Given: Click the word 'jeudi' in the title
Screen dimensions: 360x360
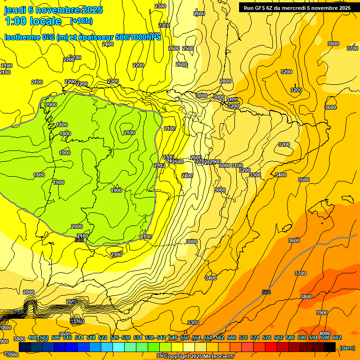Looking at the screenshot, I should pyautogui.click(x=16, y=10).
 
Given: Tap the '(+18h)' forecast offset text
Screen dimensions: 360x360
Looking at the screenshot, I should pyautogui.click(x=81, y=21).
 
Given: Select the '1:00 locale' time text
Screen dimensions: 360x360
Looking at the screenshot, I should pyautogui.click(x=33, y=21).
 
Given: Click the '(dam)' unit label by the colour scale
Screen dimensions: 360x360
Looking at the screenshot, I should pyautogui.click(x=346, y=348).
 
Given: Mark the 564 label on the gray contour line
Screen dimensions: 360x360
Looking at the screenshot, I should pyautogui.click(x=266, y=292).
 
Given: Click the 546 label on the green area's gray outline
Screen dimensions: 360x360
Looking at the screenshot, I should pyautogui.click(x=79, y=240).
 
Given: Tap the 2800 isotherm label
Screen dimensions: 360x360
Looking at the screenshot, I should pyautogui.click(x=225, y=81).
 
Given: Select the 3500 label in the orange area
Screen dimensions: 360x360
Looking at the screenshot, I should pyautogui.click(x=304, y=180).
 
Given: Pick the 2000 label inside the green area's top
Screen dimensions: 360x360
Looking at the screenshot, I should pyautogui.click(x=51, y=105).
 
